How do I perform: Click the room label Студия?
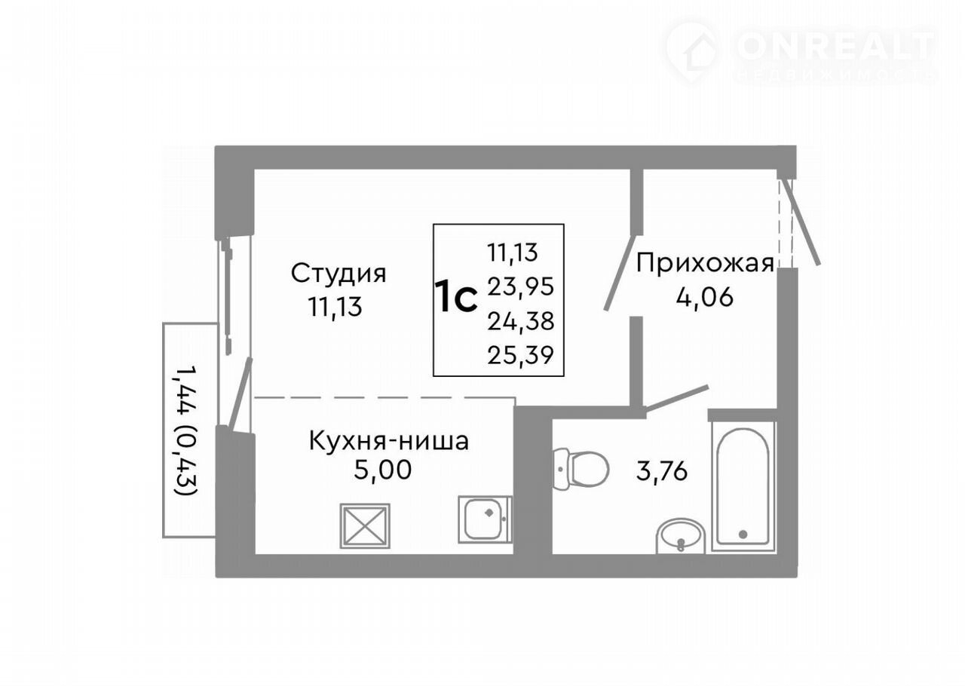tap(339, 274)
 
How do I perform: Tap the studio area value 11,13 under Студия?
tap(335, 308)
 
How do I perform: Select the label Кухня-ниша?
tap(389, 441)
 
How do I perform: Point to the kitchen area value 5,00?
tap(382, 470)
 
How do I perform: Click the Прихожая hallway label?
tap(705, 263)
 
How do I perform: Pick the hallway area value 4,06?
tap(704, 297)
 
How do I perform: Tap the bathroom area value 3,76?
tap(662, 471)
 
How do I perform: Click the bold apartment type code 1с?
tap(456, 296)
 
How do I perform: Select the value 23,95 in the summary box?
tap(520, 286)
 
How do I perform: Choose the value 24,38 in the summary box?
tap(520, 321)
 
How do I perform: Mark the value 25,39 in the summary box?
tap(520, 356)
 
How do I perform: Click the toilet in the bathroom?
tap(581, 469)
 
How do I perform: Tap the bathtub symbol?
tap(743, 486)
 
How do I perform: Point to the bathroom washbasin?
tap(681, 537)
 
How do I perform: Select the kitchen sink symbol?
tap(485, 519)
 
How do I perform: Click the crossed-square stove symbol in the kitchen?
tap(365, 526)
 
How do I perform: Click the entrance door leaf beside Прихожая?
tap(801, 221)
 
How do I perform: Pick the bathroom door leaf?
tap(676, 398)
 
